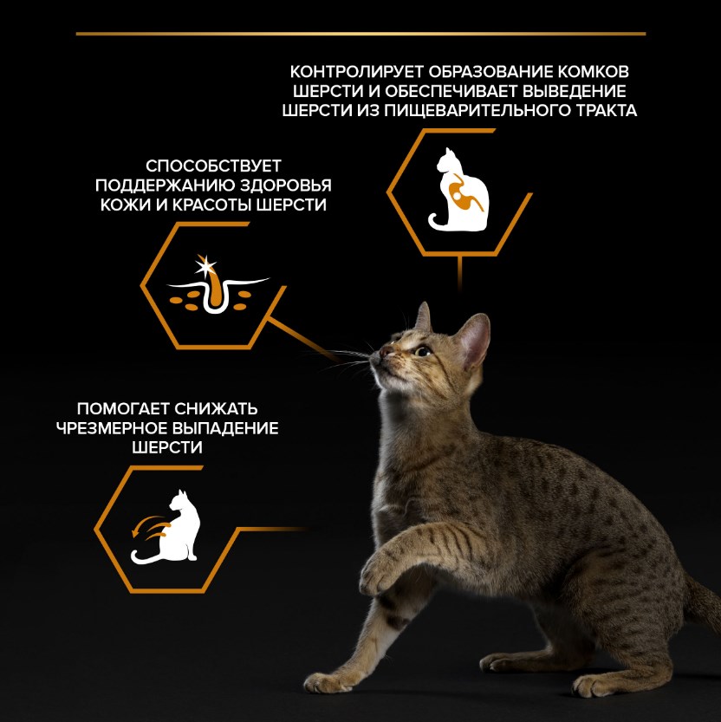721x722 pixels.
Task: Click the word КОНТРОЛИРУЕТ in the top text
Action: click(x=357, y=72)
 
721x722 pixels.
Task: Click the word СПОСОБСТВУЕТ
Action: click(x=213, y=166)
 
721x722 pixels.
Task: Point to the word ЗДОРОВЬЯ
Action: click(x=285, y=185)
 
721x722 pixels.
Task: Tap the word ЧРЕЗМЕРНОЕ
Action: click(x=112, y=428)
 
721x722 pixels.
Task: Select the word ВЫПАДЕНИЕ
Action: click(x=225, y=428)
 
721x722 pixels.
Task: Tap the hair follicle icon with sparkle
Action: click(x=217, y=285)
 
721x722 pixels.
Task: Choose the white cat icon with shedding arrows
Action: click(x=166, y=527)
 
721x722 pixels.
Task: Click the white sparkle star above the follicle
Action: click(x=205, y=266)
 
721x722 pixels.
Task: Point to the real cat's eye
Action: click(x=423, y=352)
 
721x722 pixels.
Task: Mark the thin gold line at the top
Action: click(x=361, y=34)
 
